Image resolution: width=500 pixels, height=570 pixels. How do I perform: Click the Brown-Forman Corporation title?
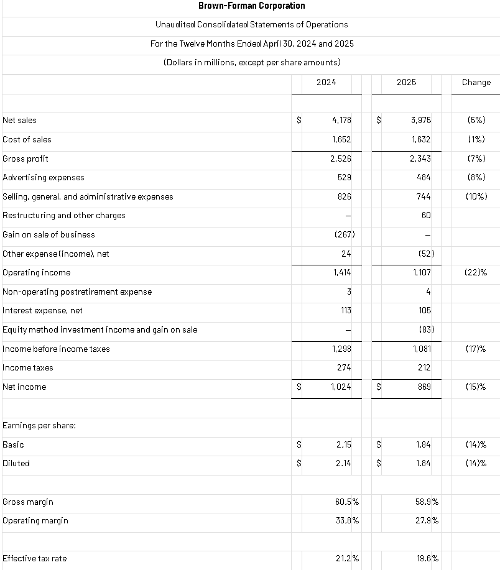[251, 6]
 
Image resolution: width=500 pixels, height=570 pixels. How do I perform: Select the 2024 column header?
[326, 82]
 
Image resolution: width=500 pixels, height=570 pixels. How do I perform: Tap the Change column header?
[476, 82]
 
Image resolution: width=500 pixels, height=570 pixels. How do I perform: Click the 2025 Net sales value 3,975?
[421, 120]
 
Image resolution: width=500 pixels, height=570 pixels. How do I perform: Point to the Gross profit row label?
[25, 159]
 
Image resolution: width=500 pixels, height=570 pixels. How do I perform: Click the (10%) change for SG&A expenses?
[476, 196]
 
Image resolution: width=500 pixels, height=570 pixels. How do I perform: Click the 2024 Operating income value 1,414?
[341, 272]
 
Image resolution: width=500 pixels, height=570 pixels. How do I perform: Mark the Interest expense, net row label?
[42, 310]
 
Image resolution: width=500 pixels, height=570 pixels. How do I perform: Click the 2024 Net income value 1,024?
[340, 387]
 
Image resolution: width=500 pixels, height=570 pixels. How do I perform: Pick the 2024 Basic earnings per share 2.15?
[343, 444]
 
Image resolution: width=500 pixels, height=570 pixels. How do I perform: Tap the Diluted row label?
[16, 463]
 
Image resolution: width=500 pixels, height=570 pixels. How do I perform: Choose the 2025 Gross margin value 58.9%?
[426, 502]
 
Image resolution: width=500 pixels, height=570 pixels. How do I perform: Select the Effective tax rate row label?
[34, 558]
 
